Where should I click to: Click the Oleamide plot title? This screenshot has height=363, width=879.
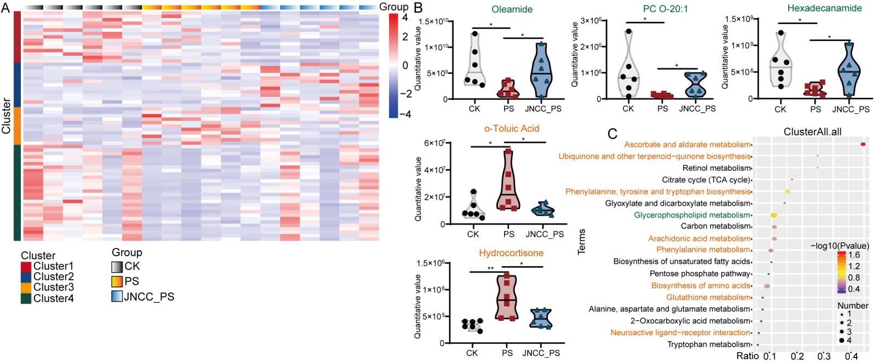[x=512, y=9]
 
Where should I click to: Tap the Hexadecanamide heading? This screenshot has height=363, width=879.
[x=824, y=8]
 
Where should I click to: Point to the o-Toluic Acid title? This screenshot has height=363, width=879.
[x=512, y=129]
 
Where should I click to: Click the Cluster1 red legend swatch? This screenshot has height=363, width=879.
[x=26, y=267]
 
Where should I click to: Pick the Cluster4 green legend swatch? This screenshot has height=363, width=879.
[x=26, y=298]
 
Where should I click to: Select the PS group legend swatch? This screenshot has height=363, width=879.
[x=117, y=281]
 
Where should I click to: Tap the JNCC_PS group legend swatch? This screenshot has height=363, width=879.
[x=117, y=297]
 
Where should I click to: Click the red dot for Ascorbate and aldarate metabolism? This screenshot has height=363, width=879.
[x=863, y=145]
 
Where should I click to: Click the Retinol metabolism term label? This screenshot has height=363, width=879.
[x=716, y=168]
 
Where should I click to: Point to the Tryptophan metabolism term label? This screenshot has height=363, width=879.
[x=709, y=344]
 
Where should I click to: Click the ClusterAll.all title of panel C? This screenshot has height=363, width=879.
[x=813, y=132]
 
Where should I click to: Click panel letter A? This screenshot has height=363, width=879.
[x=5, y=8]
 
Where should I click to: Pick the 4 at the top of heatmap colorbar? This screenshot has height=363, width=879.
[x=404, y=18]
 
